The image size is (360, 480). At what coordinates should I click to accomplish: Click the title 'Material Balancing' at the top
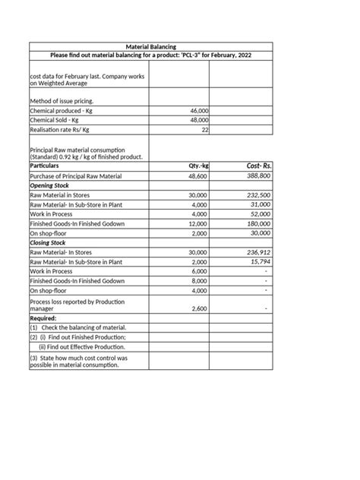150,46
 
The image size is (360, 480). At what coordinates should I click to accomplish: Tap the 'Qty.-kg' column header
197,165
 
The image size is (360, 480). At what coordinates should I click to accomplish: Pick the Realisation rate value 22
204,131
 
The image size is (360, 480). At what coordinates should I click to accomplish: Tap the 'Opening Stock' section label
51,185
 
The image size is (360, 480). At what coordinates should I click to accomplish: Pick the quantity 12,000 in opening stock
197,225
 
